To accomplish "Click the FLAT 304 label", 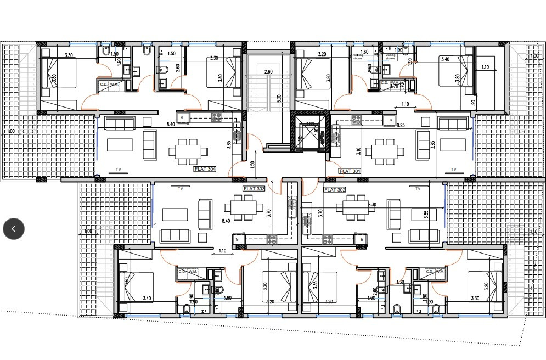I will coord(205,170).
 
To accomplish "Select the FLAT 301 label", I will coord(350,171).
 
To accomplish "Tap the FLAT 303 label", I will coord(254,189).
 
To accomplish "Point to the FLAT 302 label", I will coord(335,190).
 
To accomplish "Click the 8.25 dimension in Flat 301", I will coord(401,126).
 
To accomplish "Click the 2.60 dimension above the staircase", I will coord(268,72).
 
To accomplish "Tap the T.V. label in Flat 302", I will coord(418,189).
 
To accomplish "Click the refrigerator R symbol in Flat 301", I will coord(390,119).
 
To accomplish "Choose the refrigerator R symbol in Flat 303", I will coord(237,239).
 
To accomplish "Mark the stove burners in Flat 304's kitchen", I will coord(216,117).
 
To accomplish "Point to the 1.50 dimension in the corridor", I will coord(252,164).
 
